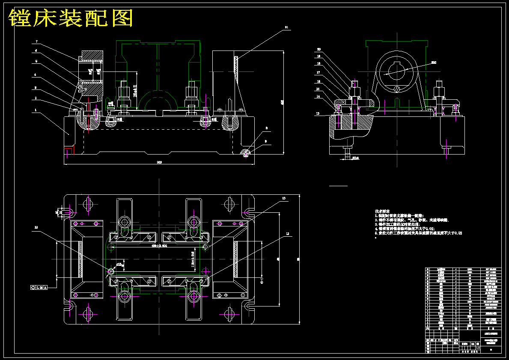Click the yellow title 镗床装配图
pos(71,18)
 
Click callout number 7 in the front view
pos(37,42)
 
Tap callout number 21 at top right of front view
pos(286,27)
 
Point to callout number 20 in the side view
pos(318,49)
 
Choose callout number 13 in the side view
pos(318,113)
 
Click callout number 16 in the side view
pos(318,81)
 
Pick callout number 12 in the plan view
pos(36,227)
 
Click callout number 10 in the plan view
pos(283,198)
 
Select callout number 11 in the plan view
pos(287,234)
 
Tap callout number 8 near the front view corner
pos(266,128)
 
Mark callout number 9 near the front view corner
pos(266,140)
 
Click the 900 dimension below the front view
pos(159,162)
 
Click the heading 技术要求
pos(382,211)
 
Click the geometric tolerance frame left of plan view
pos(39,287)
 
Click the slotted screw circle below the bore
pos(397,89)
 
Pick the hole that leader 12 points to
pos(111,271)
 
